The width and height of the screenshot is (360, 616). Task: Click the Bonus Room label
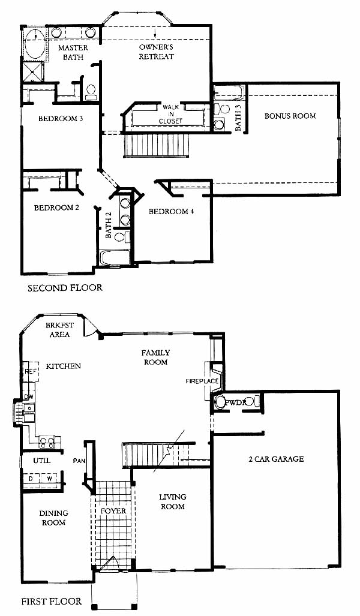[290, 116]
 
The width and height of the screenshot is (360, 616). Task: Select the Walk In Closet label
[171, 114]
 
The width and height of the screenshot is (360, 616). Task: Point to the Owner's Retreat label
[156, 52]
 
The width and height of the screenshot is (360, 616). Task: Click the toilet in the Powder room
[221, 402]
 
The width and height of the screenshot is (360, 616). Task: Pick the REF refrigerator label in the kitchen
[30, 372]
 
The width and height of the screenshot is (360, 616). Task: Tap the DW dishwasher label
[29, 397]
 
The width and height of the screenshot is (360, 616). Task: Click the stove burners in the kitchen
[47, 442]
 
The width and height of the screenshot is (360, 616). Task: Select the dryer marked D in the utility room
[30, 479]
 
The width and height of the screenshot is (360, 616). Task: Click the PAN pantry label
[79, 461]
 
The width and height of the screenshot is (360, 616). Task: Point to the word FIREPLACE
[202, 381]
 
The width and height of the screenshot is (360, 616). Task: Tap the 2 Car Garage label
[276, 459]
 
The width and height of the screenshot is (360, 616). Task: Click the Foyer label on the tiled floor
[113, 510]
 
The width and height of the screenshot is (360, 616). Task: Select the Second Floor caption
[65, 288]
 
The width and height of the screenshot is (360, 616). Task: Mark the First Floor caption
[52, 601]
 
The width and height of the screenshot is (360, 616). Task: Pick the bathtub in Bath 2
[115, 258]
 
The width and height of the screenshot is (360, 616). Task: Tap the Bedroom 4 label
[171, 212]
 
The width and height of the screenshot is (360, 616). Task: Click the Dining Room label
[53, 518]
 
